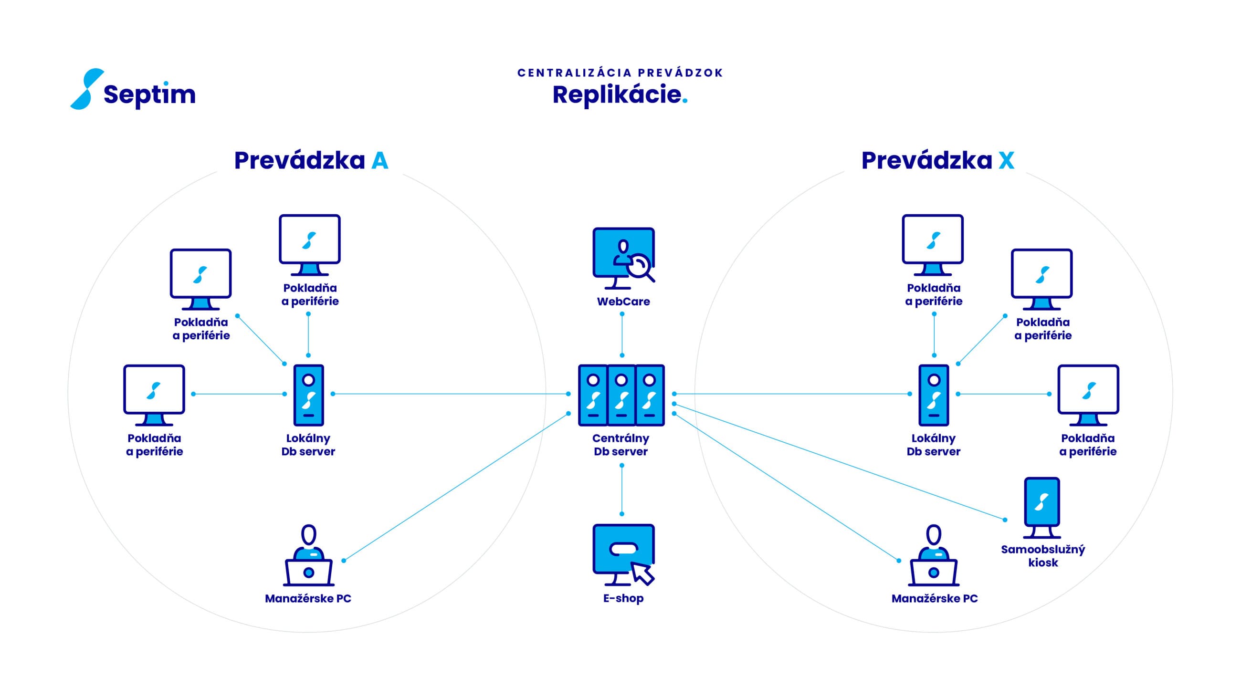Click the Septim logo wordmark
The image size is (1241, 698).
click(149, 94)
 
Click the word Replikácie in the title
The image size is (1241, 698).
click(617, 94)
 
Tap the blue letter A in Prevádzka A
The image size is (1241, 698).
click(379, 160)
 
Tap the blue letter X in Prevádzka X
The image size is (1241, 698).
click(1006, 160)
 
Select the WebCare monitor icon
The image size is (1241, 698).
click(624, 258)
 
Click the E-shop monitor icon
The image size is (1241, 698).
click(624, 554)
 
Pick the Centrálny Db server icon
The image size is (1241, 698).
click(621, 395)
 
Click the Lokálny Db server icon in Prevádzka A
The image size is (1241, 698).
click(309, 395)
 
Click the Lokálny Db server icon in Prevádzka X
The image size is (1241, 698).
click(934, 395)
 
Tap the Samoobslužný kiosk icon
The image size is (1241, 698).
click(1042, 507)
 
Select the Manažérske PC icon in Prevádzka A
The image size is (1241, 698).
click(309, 555)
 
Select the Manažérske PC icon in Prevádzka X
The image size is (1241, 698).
click(934, 555)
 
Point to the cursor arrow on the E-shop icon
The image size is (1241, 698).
click(642, 573)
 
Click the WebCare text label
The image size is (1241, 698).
click(623, 302)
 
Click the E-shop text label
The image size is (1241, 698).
click(623, 598)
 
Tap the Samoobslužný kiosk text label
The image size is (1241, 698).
click(1043, 556)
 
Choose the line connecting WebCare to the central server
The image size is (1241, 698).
click(622, 335)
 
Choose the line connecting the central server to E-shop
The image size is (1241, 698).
click(622, 490)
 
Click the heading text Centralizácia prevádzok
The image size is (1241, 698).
click(620, 73)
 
